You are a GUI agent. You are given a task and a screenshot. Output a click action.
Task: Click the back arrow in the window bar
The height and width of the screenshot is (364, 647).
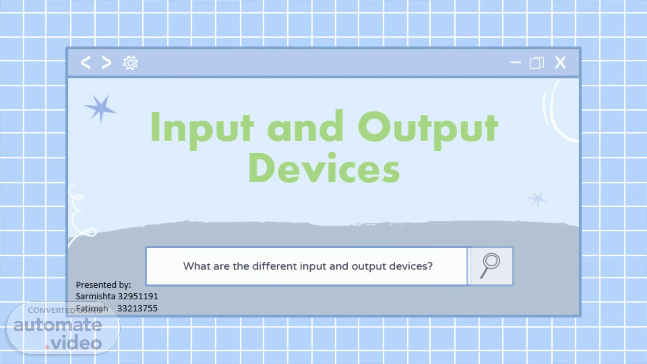pyautogui.click(x=86, y=63)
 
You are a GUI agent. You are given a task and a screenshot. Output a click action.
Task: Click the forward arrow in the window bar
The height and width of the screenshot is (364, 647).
pyautogui.click(x=106, y=63)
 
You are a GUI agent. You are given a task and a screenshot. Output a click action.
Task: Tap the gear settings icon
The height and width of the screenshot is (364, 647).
pyautogui.click(x=130, y=63)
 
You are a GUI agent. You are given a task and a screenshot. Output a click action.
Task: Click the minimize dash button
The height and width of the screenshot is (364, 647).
pyautogui.click(x=515, y=62)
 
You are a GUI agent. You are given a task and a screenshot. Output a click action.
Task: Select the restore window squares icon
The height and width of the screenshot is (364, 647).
pyautogui.click(x=537, y=63)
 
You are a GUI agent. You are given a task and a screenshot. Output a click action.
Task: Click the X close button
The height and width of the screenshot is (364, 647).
pyautogui.click(x=560, y=63)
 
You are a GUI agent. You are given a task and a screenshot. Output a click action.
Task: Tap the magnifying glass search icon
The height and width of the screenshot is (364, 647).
pyautogui.click(x=490, y=266)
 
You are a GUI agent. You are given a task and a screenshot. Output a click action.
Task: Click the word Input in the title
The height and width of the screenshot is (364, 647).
pyautogui.click(x=202, y=129)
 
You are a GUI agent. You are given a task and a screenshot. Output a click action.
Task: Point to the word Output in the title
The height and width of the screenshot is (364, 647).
pyautogui.click(x=428, y=129)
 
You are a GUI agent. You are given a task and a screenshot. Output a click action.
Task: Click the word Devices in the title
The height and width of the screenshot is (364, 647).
pyautogui.click(x=324, y=167)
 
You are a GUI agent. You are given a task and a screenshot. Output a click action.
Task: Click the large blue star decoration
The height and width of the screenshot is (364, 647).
pyautogui.click(x=100, y=108)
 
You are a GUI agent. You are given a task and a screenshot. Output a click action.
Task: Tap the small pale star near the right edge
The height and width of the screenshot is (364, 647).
pyautogui.click(x=537, y=199)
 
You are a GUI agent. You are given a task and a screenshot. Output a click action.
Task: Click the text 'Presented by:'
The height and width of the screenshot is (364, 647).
pyautogui.click(x=103, y=285)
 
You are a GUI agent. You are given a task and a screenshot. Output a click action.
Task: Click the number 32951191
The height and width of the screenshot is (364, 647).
pyautogui.click(x=138, y=296)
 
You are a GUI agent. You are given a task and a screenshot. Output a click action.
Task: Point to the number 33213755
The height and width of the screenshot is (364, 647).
pyautogui.click(x=137, y=308)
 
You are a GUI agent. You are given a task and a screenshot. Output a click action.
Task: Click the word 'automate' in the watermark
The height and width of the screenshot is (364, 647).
pyautogui.click(x=58, y=325)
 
